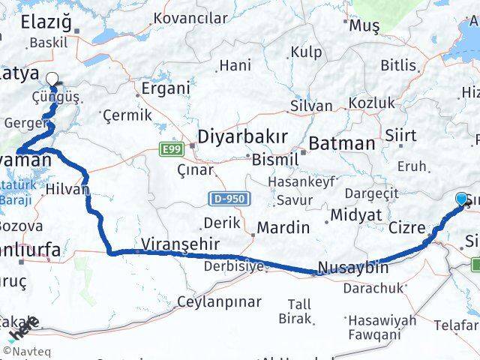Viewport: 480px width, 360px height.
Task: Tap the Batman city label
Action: tap(342, 142)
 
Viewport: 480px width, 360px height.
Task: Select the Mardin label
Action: tap(283, 226)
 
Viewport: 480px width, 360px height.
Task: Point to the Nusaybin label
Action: tap(352, 267)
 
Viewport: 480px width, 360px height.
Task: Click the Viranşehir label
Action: tap(180, 244)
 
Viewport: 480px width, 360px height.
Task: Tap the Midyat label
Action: tap(352, 216)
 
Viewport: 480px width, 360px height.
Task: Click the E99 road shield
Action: tap(170, 150)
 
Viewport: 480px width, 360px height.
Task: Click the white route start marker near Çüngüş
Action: tap(52, 77)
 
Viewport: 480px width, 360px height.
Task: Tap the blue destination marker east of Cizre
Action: tap(460, 197)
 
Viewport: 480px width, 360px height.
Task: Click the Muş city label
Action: tap(365, 25)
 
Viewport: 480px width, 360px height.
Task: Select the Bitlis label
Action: tap(397, 65)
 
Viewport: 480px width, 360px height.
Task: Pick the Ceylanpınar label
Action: tap(219, 302)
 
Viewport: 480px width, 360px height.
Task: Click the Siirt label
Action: tap(403, 135)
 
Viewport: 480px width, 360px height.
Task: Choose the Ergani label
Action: tap(163, 88)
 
